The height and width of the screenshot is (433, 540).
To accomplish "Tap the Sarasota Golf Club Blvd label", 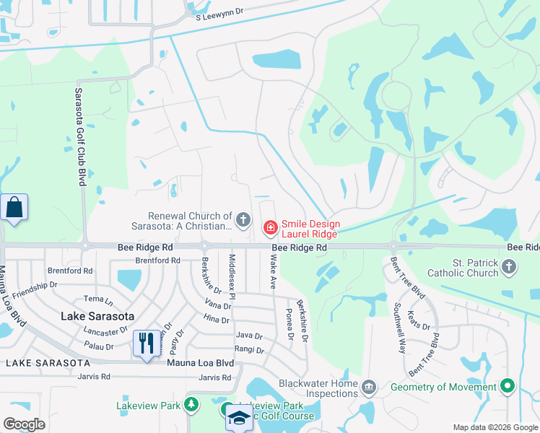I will point(79,137).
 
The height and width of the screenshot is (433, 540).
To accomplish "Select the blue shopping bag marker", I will point(14,209).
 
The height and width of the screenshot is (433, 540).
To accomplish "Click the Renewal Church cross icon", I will point(243,219).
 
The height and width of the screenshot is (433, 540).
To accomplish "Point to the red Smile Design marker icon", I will point(270,228).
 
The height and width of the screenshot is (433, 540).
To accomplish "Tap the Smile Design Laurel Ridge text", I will point(310,229).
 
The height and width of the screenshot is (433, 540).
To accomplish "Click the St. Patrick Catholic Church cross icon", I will point(509,268).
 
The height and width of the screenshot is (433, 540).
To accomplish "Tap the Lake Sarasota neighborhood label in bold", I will point(97,316).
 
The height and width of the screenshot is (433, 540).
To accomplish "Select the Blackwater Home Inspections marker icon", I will point(369,388).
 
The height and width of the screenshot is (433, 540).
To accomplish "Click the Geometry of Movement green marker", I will point(508,387).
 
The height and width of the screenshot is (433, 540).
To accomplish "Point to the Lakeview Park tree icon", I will point(191,405).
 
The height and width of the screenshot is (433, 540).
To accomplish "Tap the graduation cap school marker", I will point(239,418).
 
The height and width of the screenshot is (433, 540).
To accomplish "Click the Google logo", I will point(25,424).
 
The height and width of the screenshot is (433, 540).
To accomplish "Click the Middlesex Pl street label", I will point(232,271).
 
